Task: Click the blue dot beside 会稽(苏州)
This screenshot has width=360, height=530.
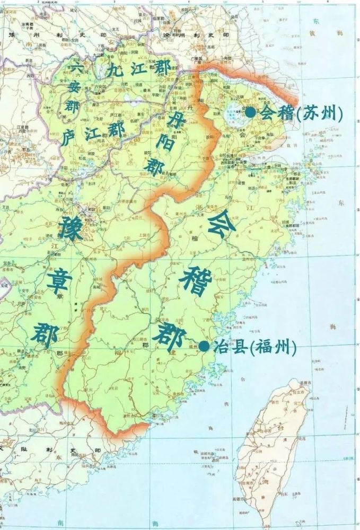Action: point(250,112)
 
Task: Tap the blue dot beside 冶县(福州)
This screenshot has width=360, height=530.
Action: point(204,346)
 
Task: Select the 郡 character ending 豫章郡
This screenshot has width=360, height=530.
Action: point(43,333)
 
